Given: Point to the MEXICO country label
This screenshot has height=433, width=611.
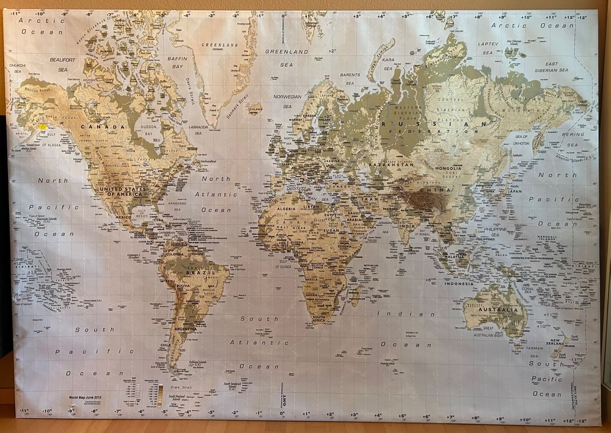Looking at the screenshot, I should [124, 217].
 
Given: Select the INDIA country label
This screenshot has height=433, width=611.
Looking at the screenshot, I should [405, 226].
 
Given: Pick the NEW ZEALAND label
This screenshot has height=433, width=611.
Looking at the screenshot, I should [557, 344].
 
